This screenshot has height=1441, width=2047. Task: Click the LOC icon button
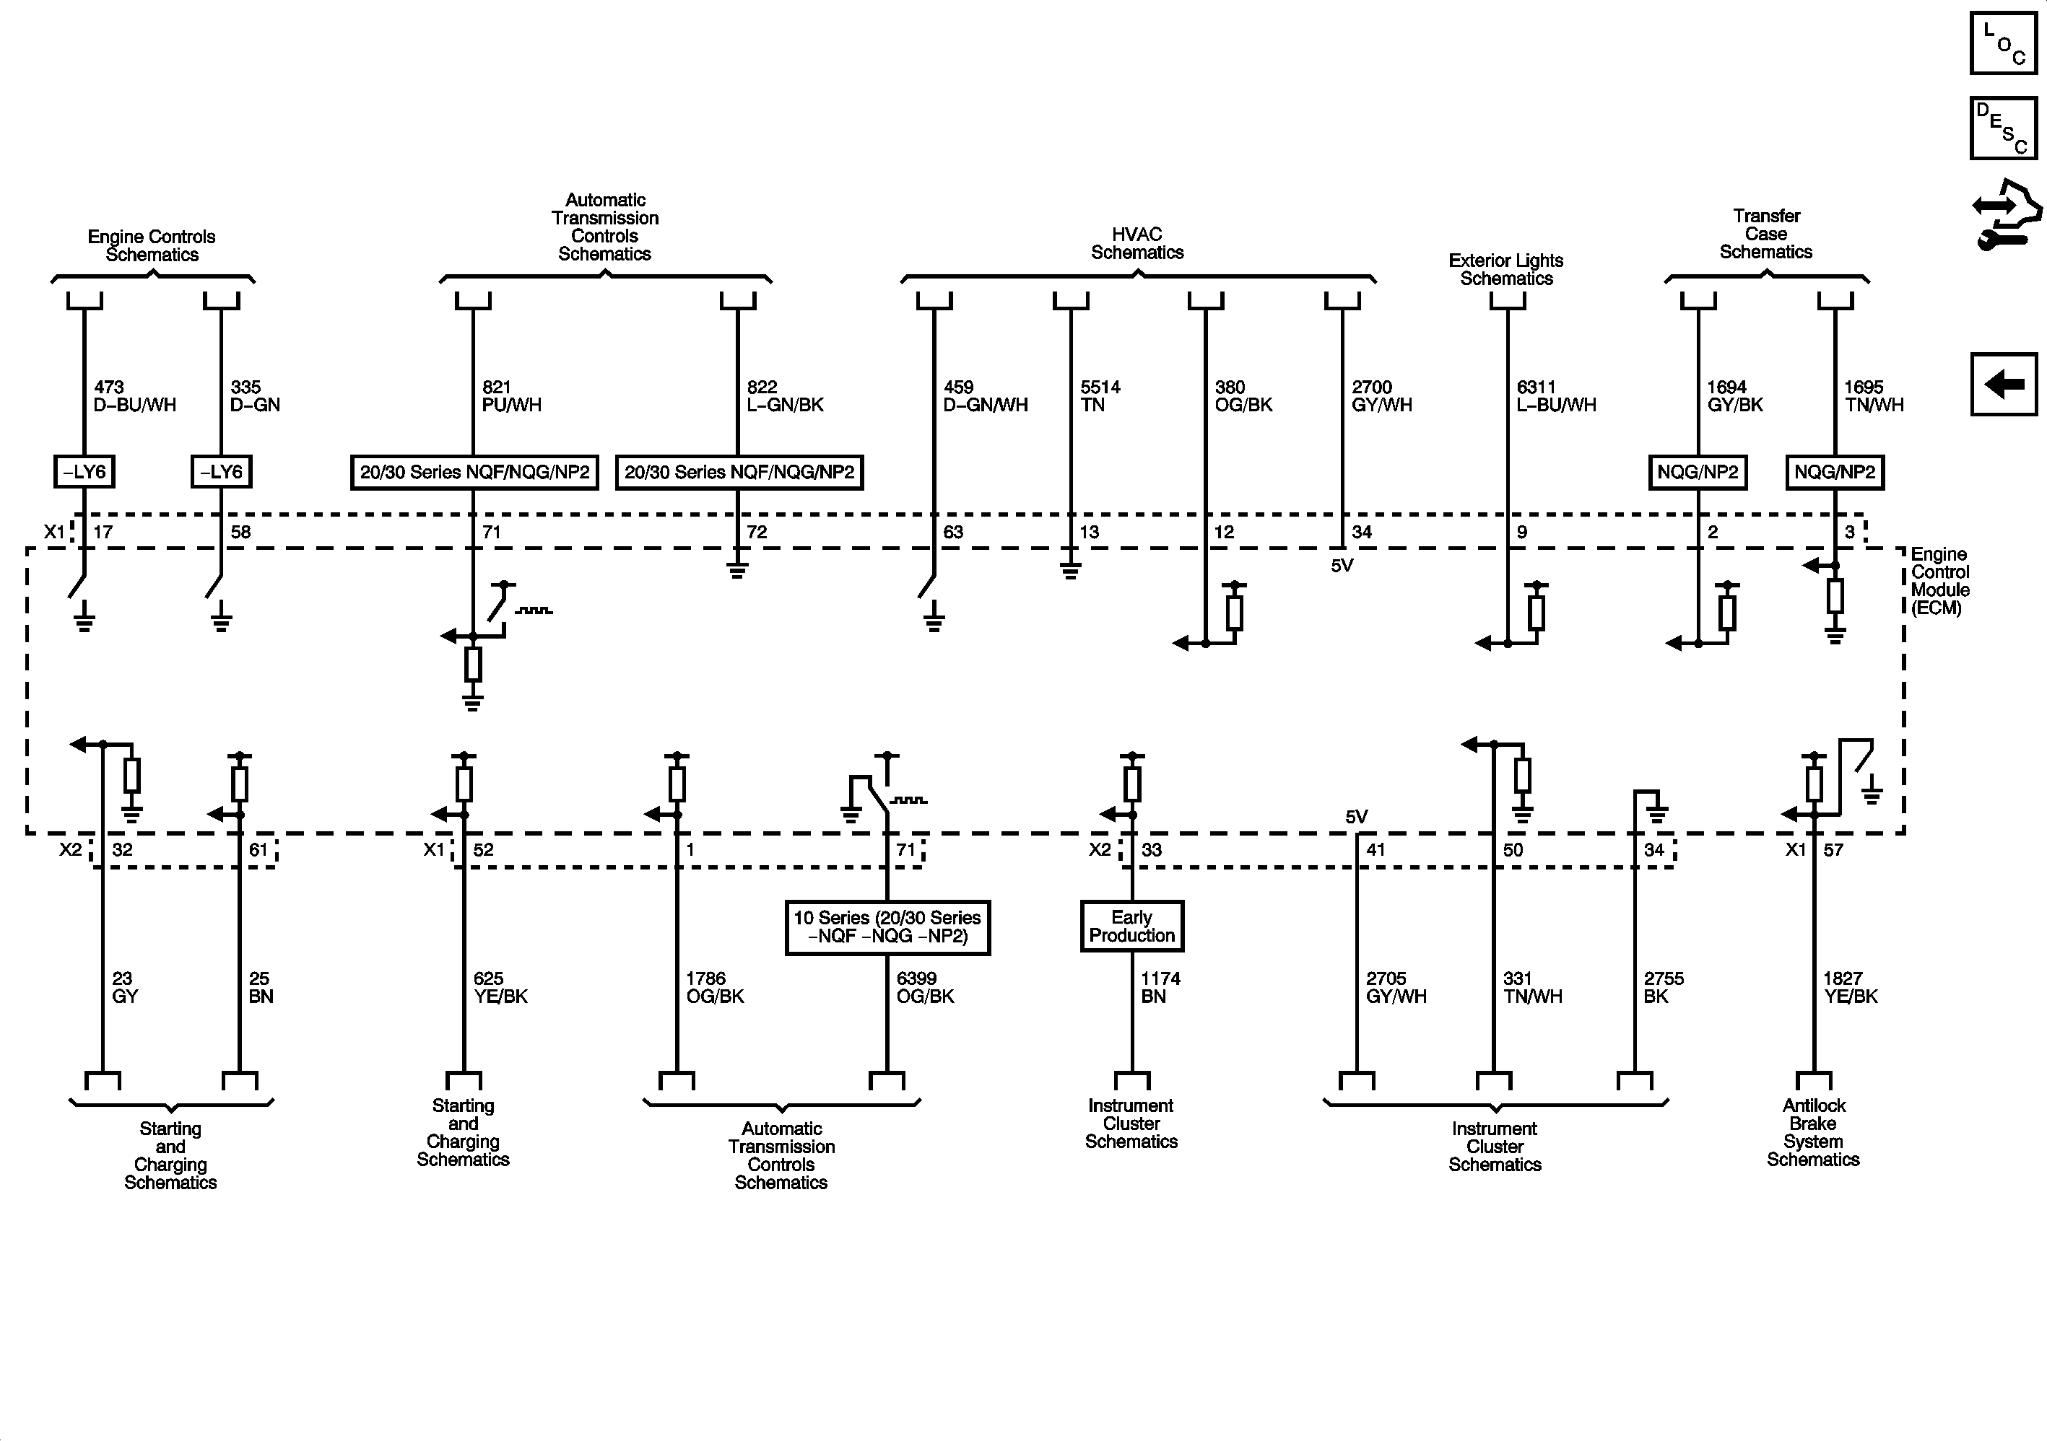click(2002, 43)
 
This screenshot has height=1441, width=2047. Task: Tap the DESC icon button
click(2002, 128)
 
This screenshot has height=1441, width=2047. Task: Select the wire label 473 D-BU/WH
click(134, 395)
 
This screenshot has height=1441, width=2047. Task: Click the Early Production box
click(1131, 926)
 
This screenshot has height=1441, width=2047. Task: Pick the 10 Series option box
click(887, 927)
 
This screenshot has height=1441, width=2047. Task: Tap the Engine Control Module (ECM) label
click(1940, 581)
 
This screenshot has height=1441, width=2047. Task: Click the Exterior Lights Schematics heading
click(1506, 269)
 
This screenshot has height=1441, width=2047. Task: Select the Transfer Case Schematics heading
click(1765, 234)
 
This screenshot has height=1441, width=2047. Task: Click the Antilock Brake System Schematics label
click(1812, 1131)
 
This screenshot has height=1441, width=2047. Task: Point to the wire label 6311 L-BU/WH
click(1556, 395)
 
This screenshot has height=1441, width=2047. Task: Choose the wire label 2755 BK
click(1664, 987)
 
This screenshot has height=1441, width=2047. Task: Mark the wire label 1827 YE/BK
click(1850, 987)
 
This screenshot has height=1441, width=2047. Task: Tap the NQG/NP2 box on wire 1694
click(1698, 471)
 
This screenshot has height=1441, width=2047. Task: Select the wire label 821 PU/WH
click(512, 395)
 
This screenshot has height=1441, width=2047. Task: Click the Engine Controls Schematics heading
click(152, 245)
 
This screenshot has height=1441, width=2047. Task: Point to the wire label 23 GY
click(125, 987)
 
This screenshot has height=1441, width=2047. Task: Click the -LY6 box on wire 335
click(221, 471)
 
